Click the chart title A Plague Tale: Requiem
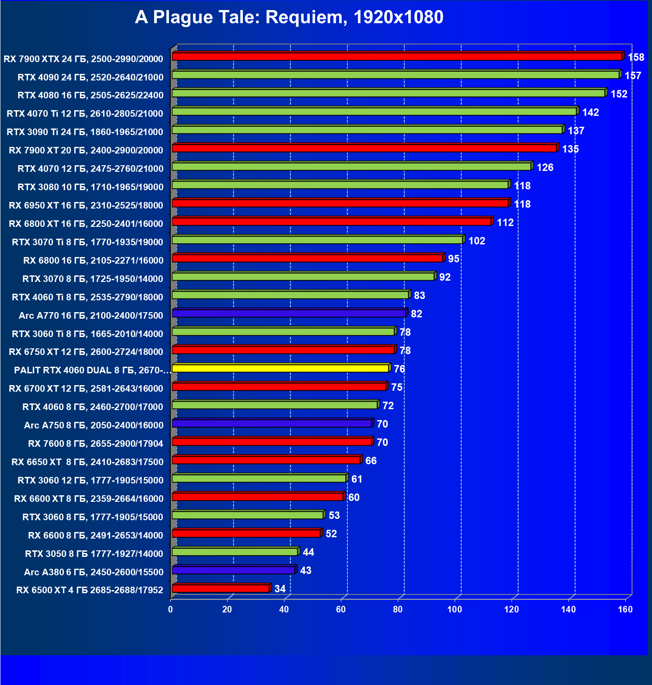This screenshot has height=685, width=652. pos(289,17)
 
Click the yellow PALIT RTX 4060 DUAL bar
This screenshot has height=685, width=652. pos(280,368)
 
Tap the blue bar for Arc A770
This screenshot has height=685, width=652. pos(289,313)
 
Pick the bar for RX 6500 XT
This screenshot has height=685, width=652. pos(221,588)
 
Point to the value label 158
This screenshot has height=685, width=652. pos(636,57)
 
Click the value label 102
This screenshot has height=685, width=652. pos(477,241)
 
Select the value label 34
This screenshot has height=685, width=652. pos(280,589)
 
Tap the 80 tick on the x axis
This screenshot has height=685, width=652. pos(398,609)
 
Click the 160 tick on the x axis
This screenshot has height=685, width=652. pos(625,609)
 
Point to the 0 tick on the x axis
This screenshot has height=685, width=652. pos(170,609)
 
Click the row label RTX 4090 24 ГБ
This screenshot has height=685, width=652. pos(90,77)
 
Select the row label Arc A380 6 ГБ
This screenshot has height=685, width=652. pos(94,572)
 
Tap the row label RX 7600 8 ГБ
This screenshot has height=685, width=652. pos(95,444)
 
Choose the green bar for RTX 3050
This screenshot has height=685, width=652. pos(235,552)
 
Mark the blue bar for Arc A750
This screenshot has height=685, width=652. pos(272,423)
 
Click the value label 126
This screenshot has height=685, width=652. pos(545,167)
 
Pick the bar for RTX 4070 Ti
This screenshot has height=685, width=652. pos(374,111)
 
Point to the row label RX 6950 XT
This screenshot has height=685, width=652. pos(86,205)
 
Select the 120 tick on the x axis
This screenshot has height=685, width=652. pos(512,609)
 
